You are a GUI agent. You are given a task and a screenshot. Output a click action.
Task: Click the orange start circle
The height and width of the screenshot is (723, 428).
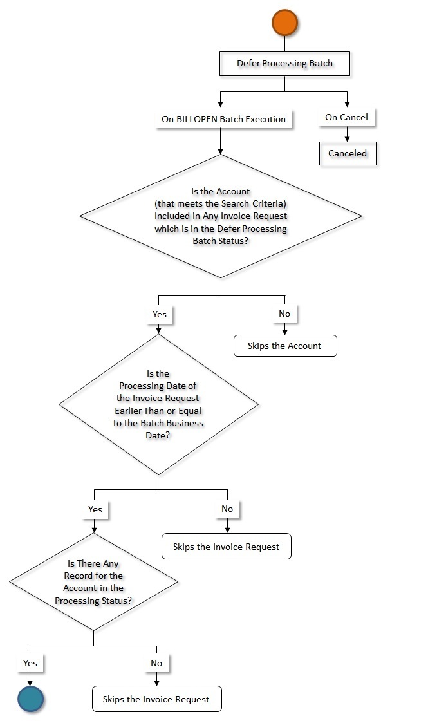(x=284, y=22)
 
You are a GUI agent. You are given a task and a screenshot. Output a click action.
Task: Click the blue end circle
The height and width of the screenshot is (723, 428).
(x=30, y=699)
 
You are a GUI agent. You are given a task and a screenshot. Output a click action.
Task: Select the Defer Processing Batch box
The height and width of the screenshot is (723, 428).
(x=284, y=63)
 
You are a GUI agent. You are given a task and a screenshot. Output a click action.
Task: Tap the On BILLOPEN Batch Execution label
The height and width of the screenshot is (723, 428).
(x=223, y=119)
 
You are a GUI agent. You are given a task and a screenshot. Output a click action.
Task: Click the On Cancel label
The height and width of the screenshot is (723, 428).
(x=346, y=117)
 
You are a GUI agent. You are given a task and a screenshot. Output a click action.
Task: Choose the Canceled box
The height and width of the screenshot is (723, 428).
(x=348, y=153)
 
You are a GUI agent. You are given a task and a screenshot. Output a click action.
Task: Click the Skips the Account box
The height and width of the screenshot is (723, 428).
(x=285, y=346)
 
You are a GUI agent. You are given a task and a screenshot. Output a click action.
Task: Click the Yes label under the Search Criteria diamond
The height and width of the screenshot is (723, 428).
(x=160, y=314)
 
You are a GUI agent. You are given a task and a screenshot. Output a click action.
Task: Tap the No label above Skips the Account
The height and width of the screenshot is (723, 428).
(x=284, y=314)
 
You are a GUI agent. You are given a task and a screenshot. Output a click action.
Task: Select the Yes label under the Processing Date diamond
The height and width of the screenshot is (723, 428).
(x=95, y=509)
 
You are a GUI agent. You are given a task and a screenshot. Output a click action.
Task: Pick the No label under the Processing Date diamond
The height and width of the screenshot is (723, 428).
(x=227, y=509)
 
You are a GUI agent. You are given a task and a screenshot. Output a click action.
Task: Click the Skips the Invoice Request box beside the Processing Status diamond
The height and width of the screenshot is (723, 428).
(x=226, y=547)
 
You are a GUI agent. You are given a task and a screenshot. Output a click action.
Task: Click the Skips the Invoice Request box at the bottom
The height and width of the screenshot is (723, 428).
(x=156, y=699)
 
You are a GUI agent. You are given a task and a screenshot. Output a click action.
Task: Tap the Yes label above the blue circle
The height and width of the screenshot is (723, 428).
(x=30, y=663)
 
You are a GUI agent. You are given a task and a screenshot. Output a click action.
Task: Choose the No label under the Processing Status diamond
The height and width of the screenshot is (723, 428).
(x=156, y=663)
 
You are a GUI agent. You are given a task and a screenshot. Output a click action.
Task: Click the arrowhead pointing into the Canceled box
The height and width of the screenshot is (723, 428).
(x=348, y=139)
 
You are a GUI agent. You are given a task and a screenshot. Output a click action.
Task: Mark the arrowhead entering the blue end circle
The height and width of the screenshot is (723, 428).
(x=30, y=683)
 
